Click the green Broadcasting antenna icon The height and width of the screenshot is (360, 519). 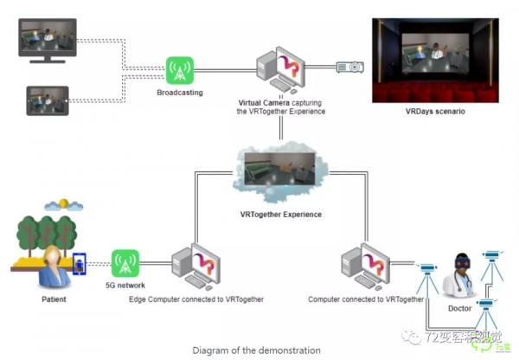tap(180, 70)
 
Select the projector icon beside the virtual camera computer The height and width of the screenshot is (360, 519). tap(349, 67)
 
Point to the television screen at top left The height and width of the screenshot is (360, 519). tap(48, 38)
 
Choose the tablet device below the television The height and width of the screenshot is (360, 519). tap(48, 101)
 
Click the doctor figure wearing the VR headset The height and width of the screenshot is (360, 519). tap(459, 275)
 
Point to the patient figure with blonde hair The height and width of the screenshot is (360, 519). tap(53, 267)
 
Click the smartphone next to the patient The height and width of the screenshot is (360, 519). tap(81, 265)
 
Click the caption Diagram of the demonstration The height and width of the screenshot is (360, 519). tap(257, 350)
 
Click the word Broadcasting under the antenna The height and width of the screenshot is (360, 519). tap(180, 93)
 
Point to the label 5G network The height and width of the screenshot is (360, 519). tap(125, 286)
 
